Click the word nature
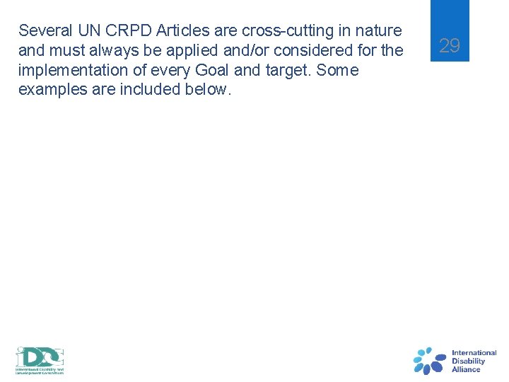point(379,31)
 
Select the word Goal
point(208,71)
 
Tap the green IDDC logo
point(40,360)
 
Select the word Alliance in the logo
point(466,369)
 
